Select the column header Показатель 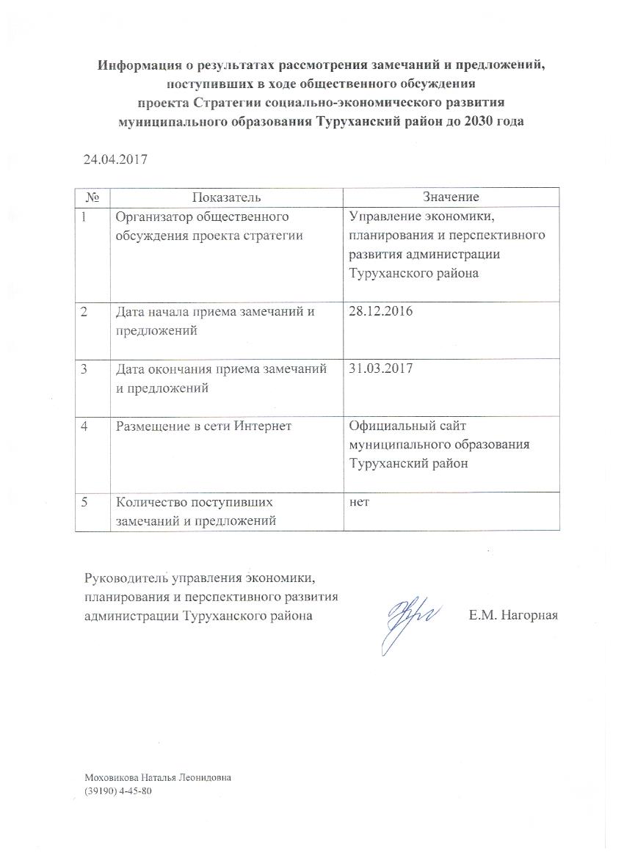pos(226,197)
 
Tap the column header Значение pos(451,197)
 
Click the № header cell pos(92,197)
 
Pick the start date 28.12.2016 pos(381,311)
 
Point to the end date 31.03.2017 pos(381,369)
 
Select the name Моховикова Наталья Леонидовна pos(158,777)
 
